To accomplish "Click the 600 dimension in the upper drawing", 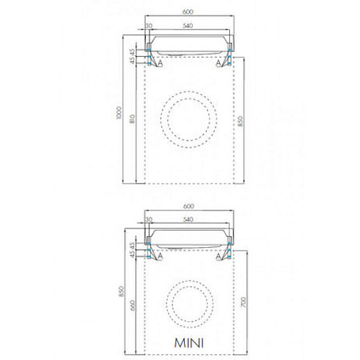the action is [188, 12].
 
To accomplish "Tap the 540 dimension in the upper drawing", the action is [188, 26].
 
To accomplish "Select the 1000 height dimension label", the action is [118, 113].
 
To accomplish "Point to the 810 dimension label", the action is [132, 118].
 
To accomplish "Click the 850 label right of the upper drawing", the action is [240, 121].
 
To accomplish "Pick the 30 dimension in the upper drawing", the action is [149, 26].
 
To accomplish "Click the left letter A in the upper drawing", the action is [160, 62].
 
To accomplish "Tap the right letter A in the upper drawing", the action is [218, 62].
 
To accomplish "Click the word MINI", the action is [189, 343].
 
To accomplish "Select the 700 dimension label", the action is [244, 303].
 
